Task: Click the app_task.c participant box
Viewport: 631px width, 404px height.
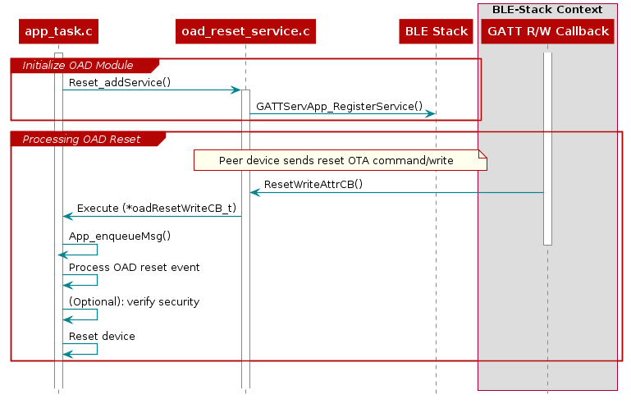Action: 58,32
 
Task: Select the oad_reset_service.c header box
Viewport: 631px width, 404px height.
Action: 245,32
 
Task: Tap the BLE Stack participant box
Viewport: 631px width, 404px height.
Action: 436,32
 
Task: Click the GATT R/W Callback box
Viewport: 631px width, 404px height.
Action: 547,32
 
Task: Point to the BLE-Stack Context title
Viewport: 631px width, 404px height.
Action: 547,10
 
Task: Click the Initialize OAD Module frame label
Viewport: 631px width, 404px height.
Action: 77,65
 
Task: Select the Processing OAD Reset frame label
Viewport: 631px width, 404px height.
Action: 81,139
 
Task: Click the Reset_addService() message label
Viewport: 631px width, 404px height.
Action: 120,83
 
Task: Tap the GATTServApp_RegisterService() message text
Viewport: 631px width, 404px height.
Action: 339,106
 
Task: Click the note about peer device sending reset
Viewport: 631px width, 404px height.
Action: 336,160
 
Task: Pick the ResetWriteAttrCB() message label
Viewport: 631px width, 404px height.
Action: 313,184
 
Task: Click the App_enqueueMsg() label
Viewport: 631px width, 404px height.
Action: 120,236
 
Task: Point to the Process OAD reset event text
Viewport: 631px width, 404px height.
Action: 134,267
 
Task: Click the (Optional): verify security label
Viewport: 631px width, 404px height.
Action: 134,301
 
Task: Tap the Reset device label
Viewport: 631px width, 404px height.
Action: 102,336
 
